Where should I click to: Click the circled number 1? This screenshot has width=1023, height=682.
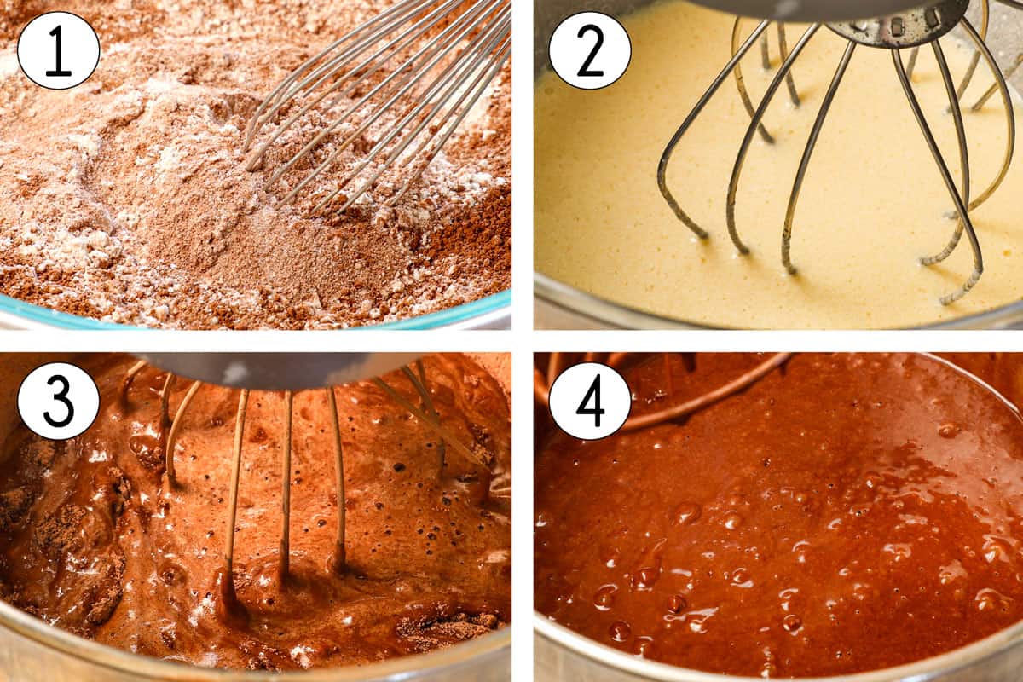point(58,49)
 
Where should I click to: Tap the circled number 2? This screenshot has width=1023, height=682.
point(589,49)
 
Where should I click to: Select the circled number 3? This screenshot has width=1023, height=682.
point(58,401)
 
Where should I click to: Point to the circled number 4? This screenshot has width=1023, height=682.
point(589,401)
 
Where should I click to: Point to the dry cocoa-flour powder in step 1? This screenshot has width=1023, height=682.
point(170,213)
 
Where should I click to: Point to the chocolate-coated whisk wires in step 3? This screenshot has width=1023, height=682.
point(286,486)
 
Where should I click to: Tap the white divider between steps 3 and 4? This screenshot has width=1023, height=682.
point(523,511)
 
